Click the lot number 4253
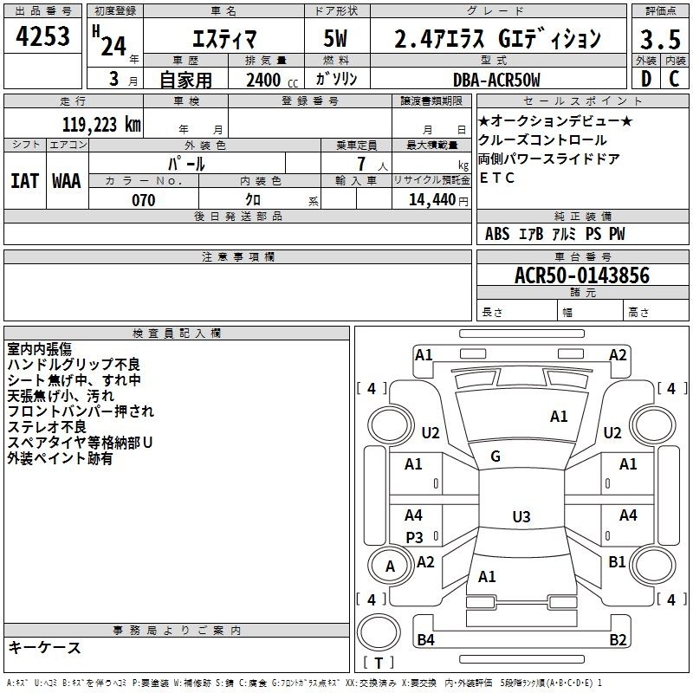pyautogui.click(x=42, y=36)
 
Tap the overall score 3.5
pyautogui.click(x=660, y=40)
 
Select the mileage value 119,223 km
pyautogui.click(x=101, y=125)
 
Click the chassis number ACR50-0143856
pyautogui.click(x=582, y=275)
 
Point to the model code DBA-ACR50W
pyautogui.click(x=496, y=80)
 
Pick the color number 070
pyautogui.click(x=144, y=200)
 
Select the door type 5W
pyautogui.click(x=335, y=38)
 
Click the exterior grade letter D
pyautogui.click(x=646, y=79)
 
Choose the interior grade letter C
pyautogui.click(x=674, y=79)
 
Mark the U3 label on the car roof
pyautogui.click(x=521, y=516)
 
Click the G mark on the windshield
pyautogui.click(x=495, y=457)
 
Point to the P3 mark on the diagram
pyautogui.click(x=415, y=537)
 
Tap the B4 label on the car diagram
pyautogui.click(x=425, y=639)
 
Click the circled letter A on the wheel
pyautogui.click(x=390, y=567)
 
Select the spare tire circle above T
pyautogui.click(x=379, y=632)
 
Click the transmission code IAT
pyautogui.click(x=24, y=181)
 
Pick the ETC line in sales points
pyautogui.click(x=496, y=178)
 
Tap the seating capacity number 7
pyautogui.click(x=361, y=164)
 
